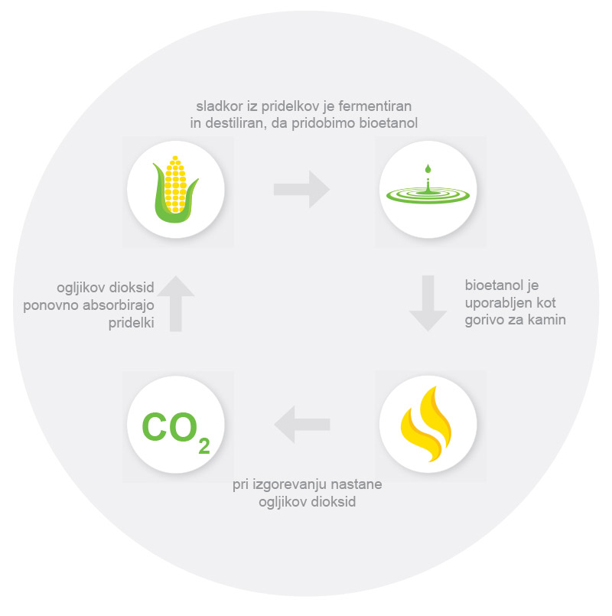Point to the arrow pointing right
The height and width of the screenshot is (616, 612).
[x=301, y=189]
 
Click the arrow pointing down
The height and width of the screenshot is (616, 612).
[x=428, y=303]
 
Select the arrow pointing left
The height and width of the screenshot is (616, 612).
[x=302, y=423]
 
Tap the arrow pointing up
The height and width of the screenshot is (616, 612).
[x=176, y=303]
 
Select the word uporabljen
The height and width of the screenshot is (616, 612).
[x=500, y=303]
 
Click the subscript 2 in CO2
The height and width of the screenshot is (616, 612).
[x=203, y=446]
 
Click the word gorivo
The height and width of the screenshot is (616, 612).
[x=484, y=320]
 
